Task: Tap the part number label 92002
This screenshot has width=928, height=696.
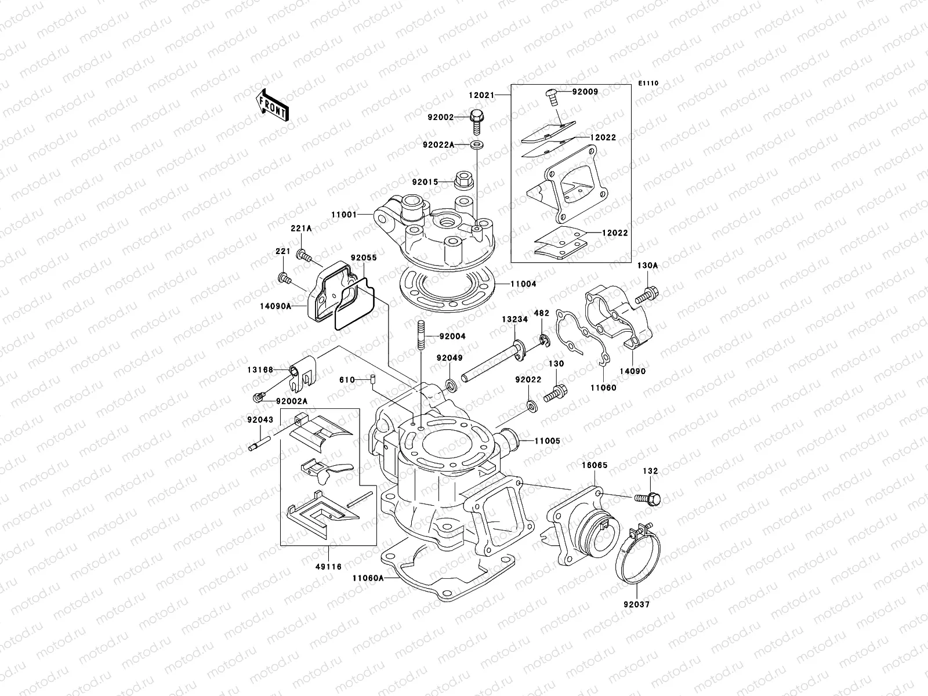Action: coord(440,117)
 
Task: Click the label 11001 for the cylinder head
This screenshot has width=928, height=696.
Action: coord(343,215)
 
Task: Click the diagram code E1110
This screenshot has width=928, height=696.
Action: coord(648,84)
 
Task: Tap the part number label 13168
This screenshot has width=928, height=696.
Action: coord(259,369)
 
